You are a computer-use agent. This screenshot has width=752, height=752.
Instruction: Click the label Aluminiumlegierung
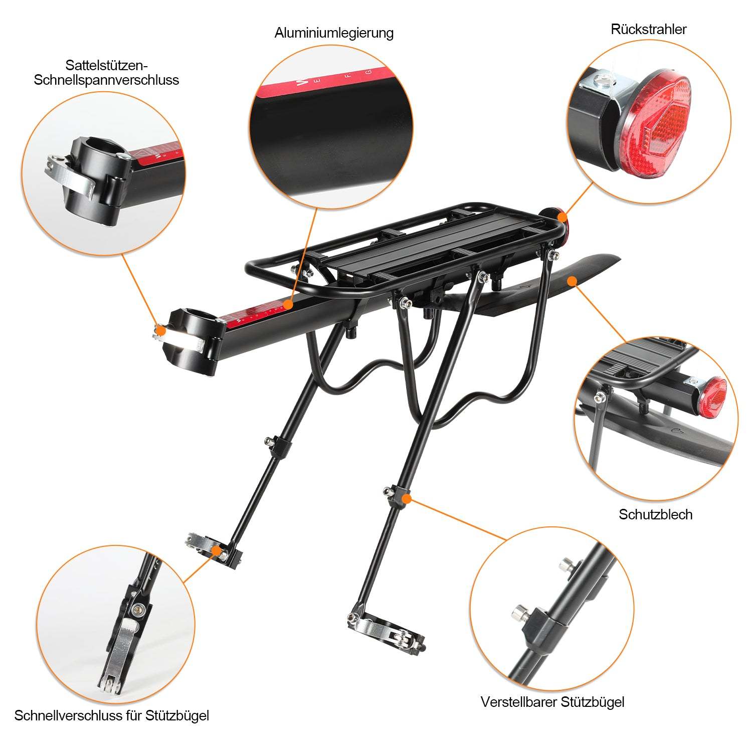pos(333,33)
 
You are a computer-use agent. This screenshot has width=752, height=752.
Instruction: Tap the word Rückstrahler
pos(648,29)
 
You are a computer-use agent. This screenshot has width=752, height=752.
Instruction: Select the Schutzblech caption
pos(655,514)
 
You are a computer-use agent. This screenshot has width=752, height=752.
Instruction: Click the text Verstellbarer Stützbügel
pos(552,701)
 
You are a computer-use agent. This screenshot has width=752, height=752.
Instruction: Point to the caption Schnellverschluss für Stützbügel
pos(111,715)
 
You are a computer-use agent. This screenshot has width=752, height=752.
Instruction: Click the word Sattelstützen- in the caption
pos(107,65)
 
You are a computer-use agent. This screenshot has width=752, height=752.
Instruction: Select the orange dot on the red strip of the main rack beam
pos(287,304)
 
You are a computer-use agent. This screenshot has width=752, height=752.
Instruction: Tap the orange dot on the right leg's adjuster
pos(407,498)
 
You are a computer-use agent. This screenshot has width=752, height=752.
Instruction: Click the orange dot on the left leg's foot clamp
pos(217,550)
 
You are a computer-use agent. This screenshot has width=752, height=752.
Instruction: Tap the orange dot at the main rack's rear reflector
pos(562,217)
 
